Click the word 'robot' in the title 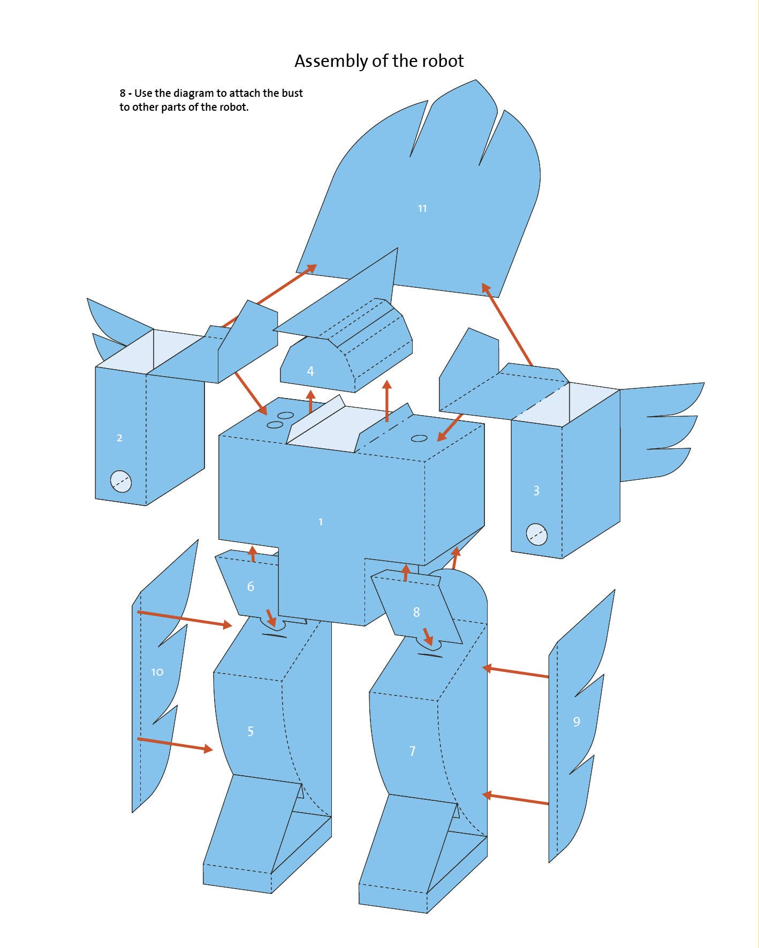(443, 61)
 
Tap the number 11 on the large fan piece (422, 209)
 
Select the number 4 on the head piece (310, 371)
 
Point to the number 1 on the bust (321, 522)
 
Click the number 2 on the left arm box (119, 438)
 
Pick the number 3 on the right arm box (536, 491)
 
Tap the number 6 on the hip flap (251, 587)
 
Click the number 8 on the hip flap (416, 612)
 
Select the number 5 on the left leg (251, 731)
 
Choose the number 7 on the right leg (412, 751)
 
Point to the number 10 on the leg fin (157, 672)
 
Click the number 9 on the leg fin (576, 722)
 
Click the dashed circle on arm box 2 (121, 481)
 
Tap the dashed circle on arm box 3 (537, 534)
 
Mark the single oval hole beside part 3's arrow (419, 438)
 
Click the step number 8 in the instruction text (123, 94)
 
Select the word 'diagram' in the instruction (193, 94)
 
